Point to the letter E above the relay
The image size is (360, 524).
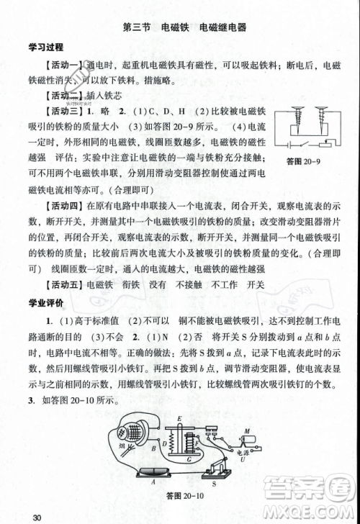pyautogui.click(x=179, y=419)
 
